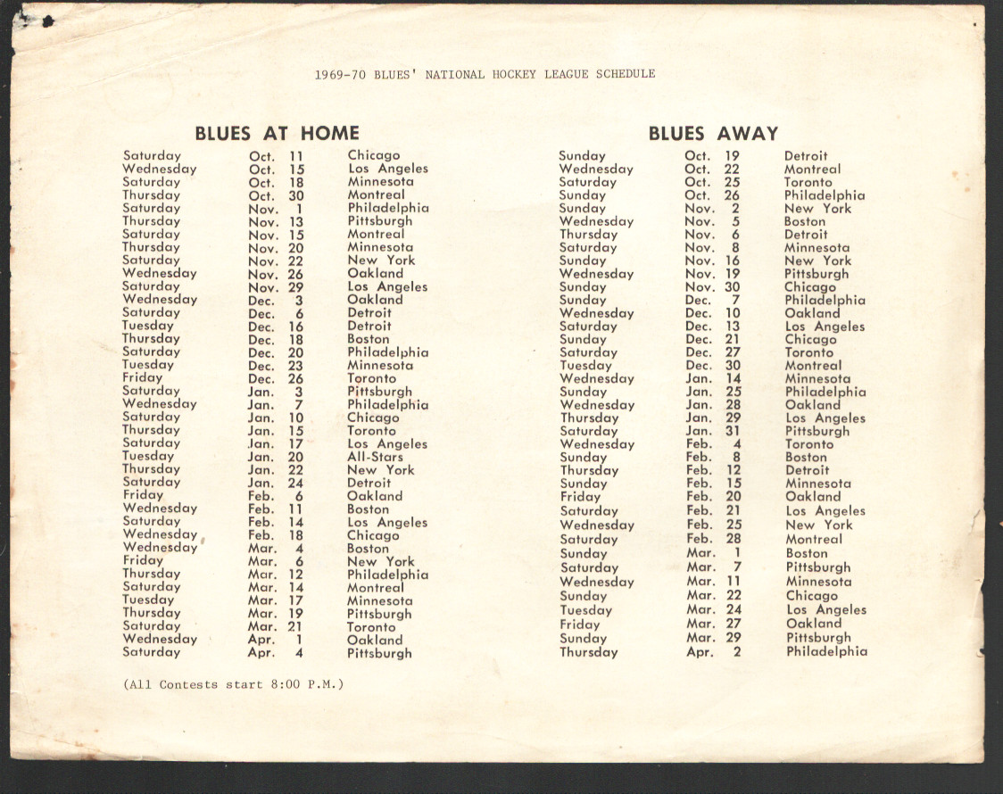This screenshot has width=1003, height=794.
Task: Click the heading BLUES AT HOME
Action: pyautogui.click(x=277, y=134)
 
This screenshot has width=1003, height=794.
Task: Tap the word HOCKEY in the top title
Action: pyautogui.click(x=514, y=74)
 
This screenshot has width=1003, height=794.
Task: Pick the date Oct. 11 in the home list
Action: pyautogui.click(x=276, y=156)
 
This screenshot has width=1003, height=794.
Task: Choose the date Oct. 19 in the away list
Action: pyautogui.click(x=712, y=156)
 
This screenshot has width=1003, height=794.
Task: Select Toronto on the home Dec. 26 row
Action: pyautogui.click(x=372, y=378)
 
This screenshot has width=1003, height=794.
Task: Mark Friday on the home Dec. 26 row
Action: pyautogui.click(x=142, y=378)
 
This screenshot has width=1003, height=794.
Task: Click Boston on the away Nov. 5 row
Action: pyautogui.click(x=805, y=221)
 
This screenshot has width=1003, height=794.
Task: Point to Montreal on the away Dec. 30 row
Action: pyautogui.click(x=813, y=366)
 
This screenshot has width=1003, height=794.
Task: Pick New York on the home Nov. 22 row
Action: pyautogui.click(x=381, y=261)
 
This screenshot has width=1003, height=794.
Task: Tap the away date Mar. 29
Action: pyautogui.click(x=712, y=638)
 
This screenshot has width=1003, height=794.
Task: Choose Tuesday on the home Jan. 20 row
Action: pyautogui.click(x=148, y=456)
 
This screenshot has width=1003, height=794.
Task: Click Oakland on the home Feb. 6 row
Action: pyautogui.click(x=375, y=496)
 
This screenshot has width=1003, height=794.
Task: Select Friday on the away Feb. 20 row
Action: pyautogui.click(x=580, y=497)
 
